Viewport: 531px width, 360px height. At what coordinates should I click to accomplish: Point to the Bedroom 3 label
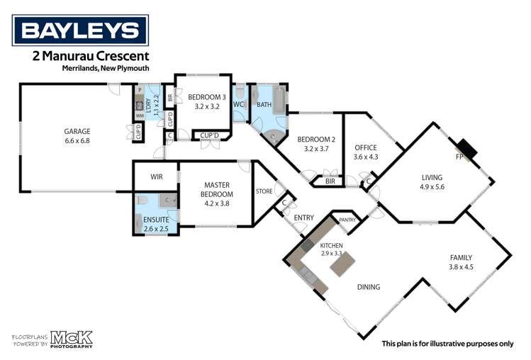(x=207, y=101)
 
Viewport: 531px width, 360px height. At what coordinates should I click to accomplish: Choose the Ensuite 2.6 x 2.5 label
(x=156, y=224)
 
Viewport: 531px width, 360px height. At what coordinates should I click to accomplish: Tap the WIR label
(x=157, y=176)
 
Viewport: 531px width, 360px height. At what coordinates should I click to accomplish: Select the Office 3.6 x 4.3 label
(x=367, y=152)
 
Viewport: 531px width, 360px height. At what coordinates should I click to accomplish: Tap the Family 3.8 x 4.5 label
(x=461, y=262)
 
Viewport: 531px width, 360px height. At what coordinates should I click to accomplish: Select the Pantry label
(x=348, y=220)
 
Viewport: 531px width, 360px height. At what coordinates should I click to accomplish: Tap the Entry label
(x=303, y=218)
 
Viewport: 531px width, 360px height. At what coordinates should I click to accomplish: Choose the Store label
(x=264, y=191)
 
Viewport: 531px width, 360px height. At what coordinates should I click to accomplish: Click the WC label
(x=238, y=105)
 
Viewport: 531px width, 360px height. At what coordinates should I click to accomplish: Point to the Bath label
(x=264, y=105)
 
